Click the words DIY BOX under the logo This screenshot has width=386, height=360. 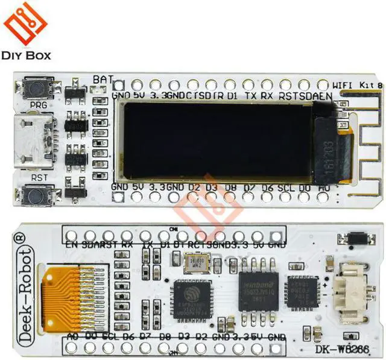pyautogui.click(x=27, y=56)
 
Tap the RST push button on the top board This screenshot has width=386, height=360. pyautogui.click(x=34, y=194)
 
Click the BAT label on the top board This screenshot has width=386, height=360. pyautogui.click(x=103, y=79)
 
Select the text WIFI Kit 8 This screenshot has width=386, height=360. pyautogui.click(x=358, y=85)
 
